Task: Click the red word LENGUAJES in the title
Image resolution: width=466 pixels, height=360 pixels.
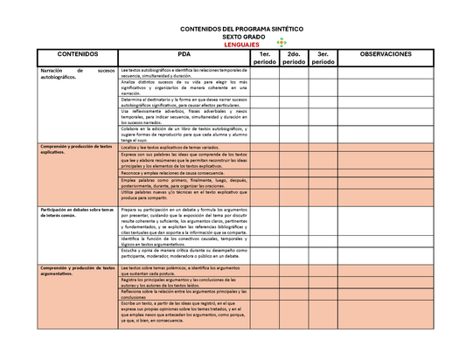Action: (x=240, y=44)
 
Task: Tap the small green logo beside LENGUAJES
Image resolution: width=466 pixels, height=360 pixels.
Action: (x=281, y=44)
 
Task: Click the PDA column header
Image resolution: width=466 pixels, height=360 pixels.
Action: (x=184, y=54)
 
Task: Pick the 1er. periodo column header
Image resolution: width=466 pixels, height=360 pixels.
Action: (x=263, y=59)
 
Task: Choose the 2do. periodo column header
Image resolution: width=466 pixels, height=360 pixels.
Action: (x=294, y=59)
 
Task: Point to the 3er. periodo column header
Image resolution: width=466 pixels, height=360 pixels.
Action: (x=323, y=59)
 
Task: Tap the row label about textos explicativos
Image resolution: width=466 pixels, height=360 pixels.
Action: (x=76, y=149)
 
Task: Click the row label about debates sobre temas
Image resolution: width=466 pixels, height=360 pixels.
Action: (x=76, y=213)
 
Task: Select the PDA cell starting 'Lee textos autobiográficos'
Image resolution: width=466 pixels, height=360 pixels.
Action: (x=184, y=73)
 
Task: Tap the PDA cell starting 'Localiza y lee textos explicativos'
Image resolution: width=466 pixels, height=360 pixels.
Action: (x=184, y=149)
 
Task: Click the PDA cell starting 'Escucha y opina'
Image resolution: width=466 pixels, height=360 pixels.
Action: (x=184, y=253)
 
